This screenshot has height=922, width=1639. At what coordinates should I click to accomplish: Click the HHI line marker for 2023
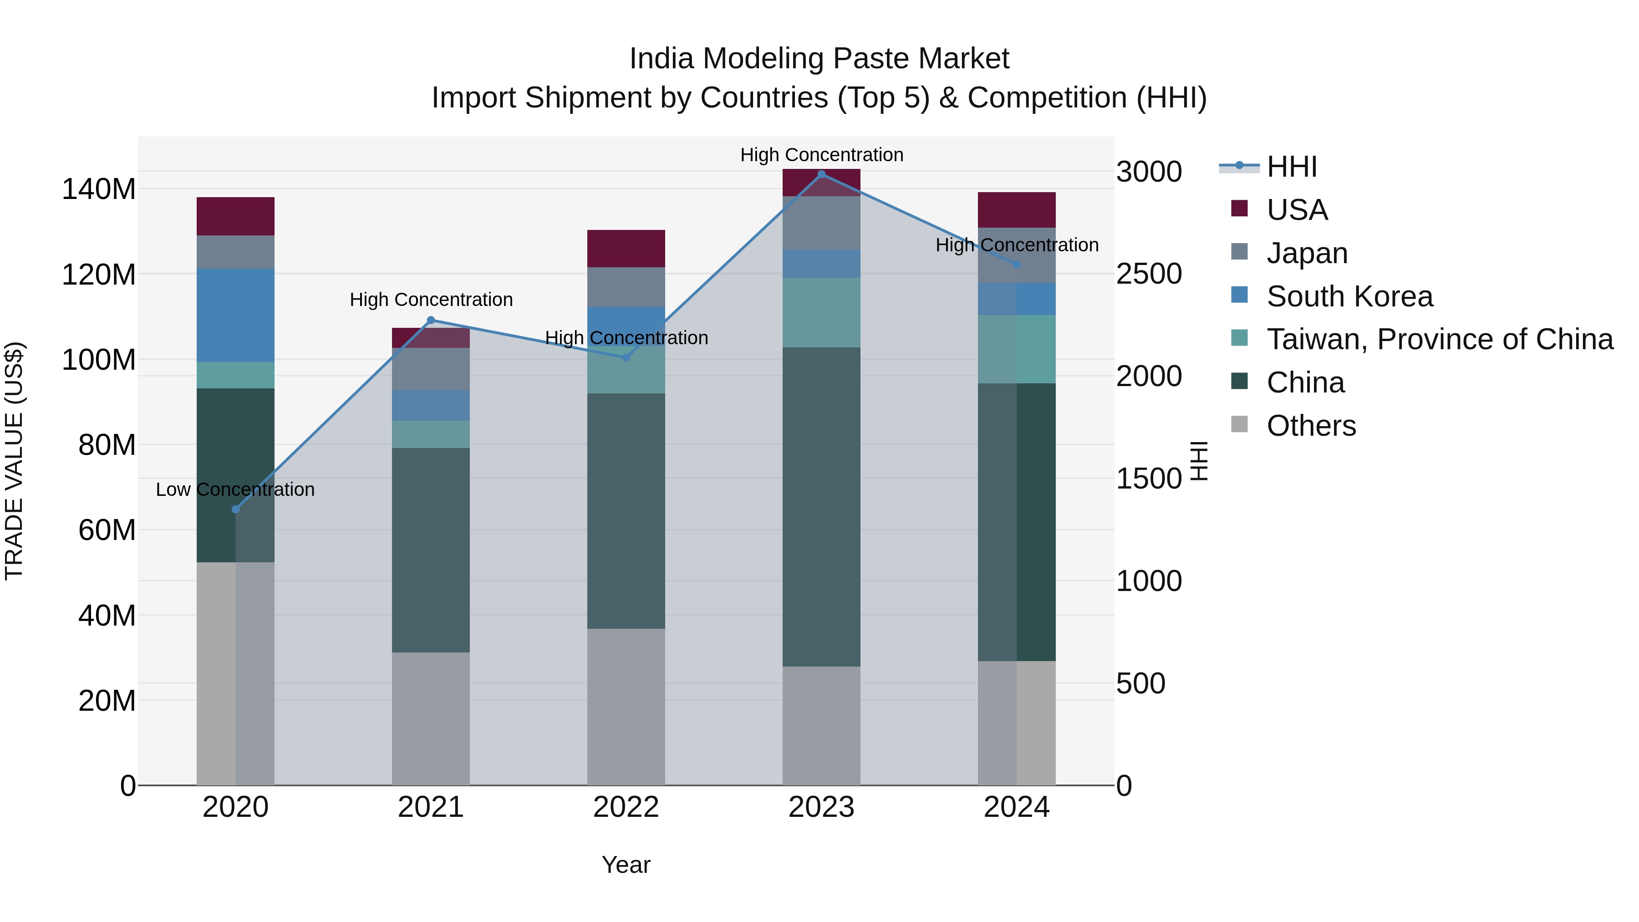coord(821,174)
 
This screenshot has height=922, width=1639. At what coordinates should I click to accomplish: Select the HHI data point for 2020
coord(235,509)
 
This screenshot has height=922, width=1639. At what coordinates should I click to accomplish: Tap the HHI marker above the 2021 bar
coord(431,320)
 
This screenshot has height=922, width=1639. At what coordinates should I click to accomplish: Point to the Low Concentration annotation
coord(235,489)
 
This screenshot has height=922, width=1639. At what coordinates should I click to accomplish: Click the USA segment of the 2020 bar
coord(235,216)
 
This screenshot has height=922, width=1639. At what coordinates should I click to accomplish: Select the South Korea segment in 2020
coord(235,315)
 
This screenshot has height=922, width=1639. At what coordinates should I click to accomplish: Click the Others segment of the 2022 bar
coord(626,706)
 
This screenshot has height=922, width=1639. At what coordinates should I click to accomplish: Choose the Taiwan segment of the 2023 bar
coord(821,312)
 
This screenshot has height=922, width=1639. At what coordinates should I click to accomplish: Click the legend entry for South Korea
coord(1349,296)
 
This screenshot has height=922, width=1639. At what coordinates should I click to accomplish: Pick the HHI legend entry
coord(1291,167)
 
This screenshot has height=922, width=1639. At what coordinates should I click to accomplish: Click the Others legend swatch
coord(1239,424)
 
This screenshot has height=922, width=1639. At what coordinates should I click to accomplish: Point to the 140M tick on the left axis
coord(99,189)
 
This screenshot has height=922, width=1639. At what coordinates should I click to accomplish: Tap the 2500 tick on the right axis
coord(1149,274)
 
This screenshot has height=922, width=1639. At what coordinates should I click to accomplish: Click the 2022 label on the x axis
coord(626,807)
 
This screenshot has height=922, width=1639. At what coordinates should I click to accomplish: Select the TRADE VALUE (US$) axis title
coord(14,461)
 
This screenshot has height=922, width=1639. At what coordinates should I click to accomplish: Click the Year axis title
coord(626,865)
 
